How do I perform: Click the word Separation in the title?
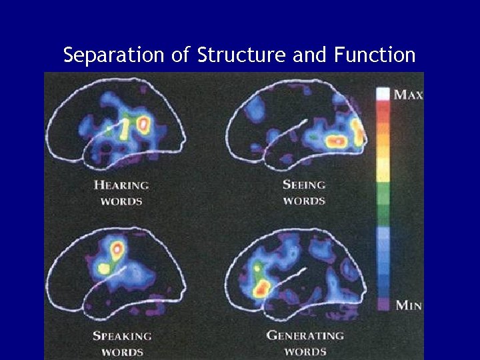pos(115,55)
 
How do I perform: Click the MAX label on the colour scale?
pos(408,95)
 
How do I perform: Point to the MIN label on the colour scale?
pos(408,306)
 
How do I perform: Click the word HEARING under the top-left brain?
pos(121,185)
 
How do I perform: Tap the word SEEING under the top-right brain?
pos(303,185)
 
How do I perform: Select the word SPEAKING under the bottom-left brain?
pos(122,336)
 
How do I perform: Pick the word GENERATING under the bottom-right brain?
pos(306,335)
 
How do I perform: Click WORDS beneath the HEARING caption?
pos(121,201)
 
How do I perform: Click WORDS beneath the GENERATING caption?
pos(305,351)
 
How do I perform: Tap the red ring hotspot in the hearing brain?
pos(142,124)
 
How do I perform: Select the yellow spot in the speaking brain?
pos(103,269)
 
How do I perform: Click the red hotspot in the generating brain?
pos(262,288)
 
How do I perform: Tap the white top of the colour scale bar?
pos(383,93)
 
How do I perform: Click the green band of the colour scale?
pos(383,200)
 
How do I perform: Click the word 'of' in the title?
pos(181,55)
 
